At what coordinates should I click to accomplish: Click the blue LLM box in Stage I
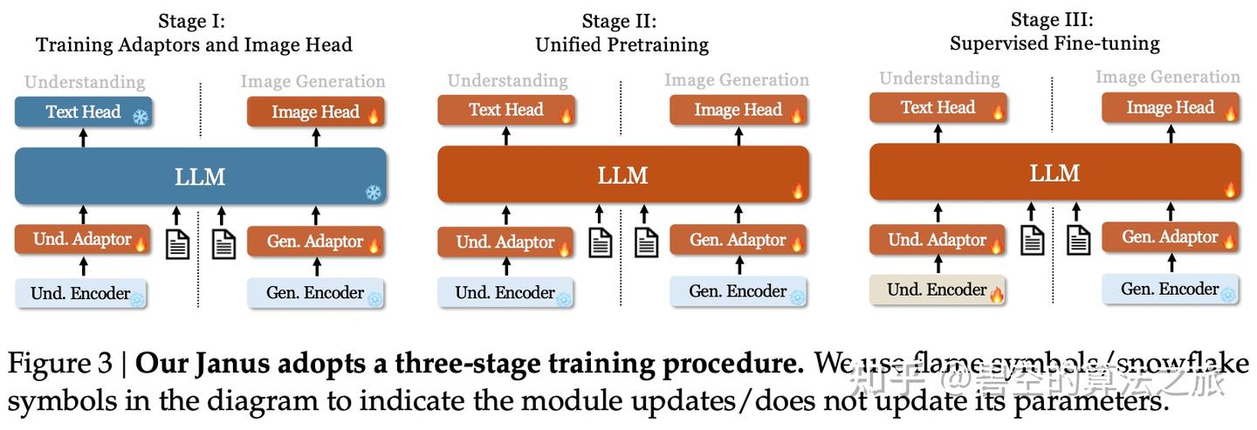pyautogui.click(x=200, y=176)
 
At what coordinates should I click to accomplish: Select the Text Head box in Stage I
pyautogui.click(x=83, y=113)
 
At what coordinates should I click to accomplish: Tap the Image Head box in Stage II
pyautogui.click(x=738, y=110)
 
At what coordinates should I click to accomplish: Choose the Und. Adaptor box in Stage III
pyautogui.click(x=938, y=240)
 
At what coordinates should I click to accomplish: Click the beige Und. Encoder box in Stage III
pyautogui.click(x=938, y=290)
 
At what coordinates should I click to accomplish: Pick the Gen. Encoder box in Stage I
pyautogui.click(x=315, y=293)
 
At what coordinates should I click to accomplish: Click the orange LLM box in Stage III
pyautogui.click(x=1054, y=173)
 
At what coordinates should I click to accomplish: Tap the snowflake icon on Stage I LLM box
pyautogui.click(x=373, y=193)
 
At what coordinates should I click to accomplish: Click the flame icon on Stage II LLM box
pyautogui.click(x=797, y=190)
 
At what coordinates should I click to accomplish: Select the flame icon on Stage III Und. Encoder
pyautogui.click(x=996, y=294)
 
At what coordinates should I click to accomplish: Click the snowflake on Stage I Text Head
pyautogui.click(x=140, y=116)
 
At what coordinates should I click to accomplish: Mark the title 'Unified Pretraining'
pyautogui.click(x=622, y=44)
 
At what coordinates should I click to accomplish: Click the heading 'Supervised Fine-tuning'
pyautogui.click(x=1054, y=43)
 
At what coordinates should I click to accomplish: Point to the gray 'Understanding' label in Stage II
pyautogui.click(x=507, y=81)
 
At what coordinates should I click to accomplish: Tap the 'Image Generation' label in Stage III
pyautogui.click(x=1168, y=77)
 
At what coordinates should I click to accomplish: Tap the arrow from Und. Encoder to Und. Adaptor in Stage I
pyautogui.click(x=84, y=266)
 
